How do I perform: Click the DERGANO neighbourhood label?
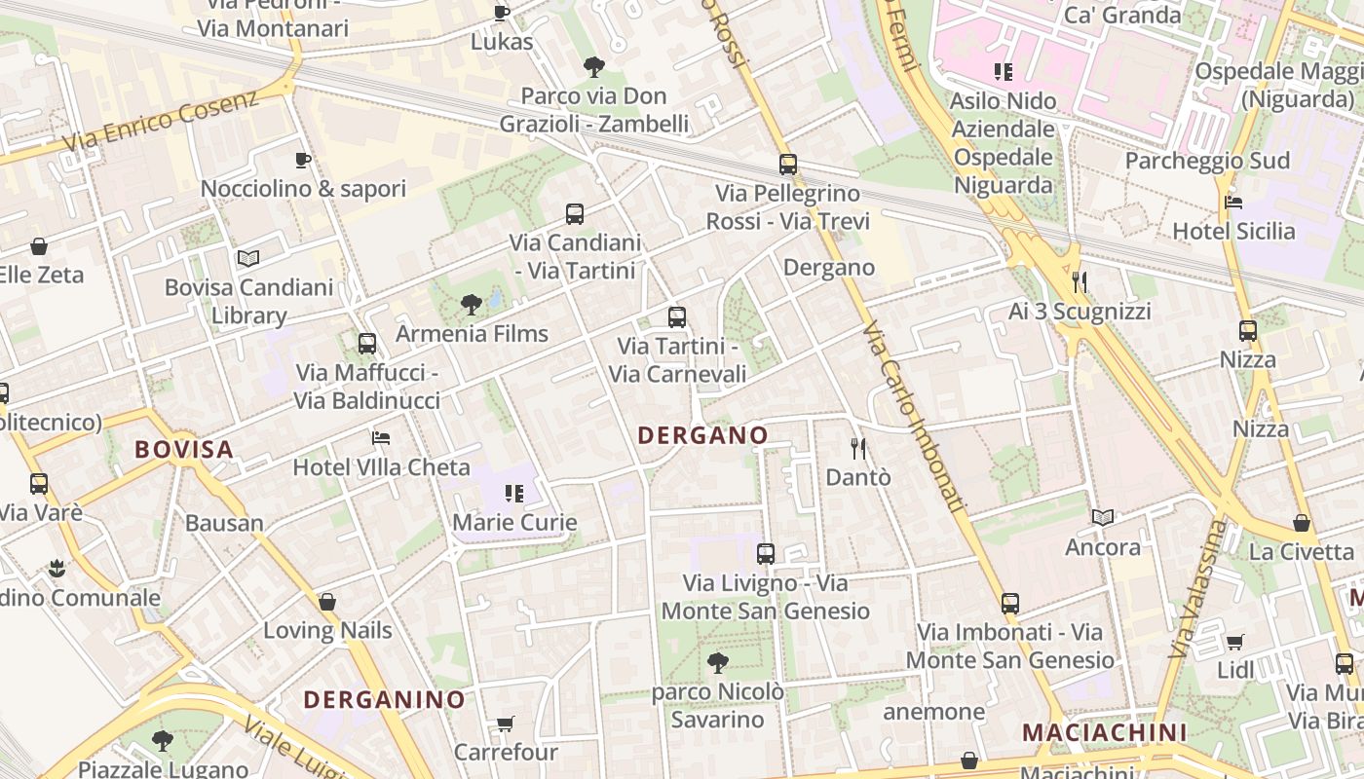tap(702, 435)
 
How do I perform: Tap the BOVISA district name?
tap(184, 449)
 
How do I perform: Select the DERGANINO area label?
tap(384, 699)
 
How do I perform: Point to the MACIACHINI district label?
tap(1105, 732)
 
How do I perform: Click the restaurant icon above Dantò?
tap(858, 449)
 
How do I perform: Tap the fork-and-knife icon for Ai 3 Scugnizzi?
tap(1079, 282)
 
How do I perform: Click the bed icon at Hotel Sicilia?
tap(1233, 203)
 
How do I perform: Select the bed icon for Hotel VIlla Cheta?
tap(381, 438)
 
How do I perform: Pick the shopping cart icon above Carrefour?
tap(506, 723)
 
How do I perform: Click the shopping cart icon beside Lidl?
tap(1235, 642)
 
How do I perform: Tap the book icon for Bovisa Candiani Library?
tap(248, 258)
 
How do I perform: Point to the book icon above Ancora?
tap(1102, 517)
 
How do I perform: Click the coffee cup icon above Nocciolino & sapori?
tap(303, 160)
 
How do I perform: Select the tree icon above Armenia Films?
tap(472, 305)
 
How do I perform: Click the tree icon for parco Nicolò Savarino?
tap(718, 663)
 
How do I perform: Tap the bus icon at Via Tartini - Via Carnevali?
tap(677, 317)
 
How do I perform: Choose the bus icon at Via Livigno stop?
tap(766, 554)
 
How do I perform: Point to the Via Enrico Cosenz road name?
tap(161, 121)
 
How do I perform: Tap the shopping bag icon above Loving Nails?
tap(327, 602)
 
